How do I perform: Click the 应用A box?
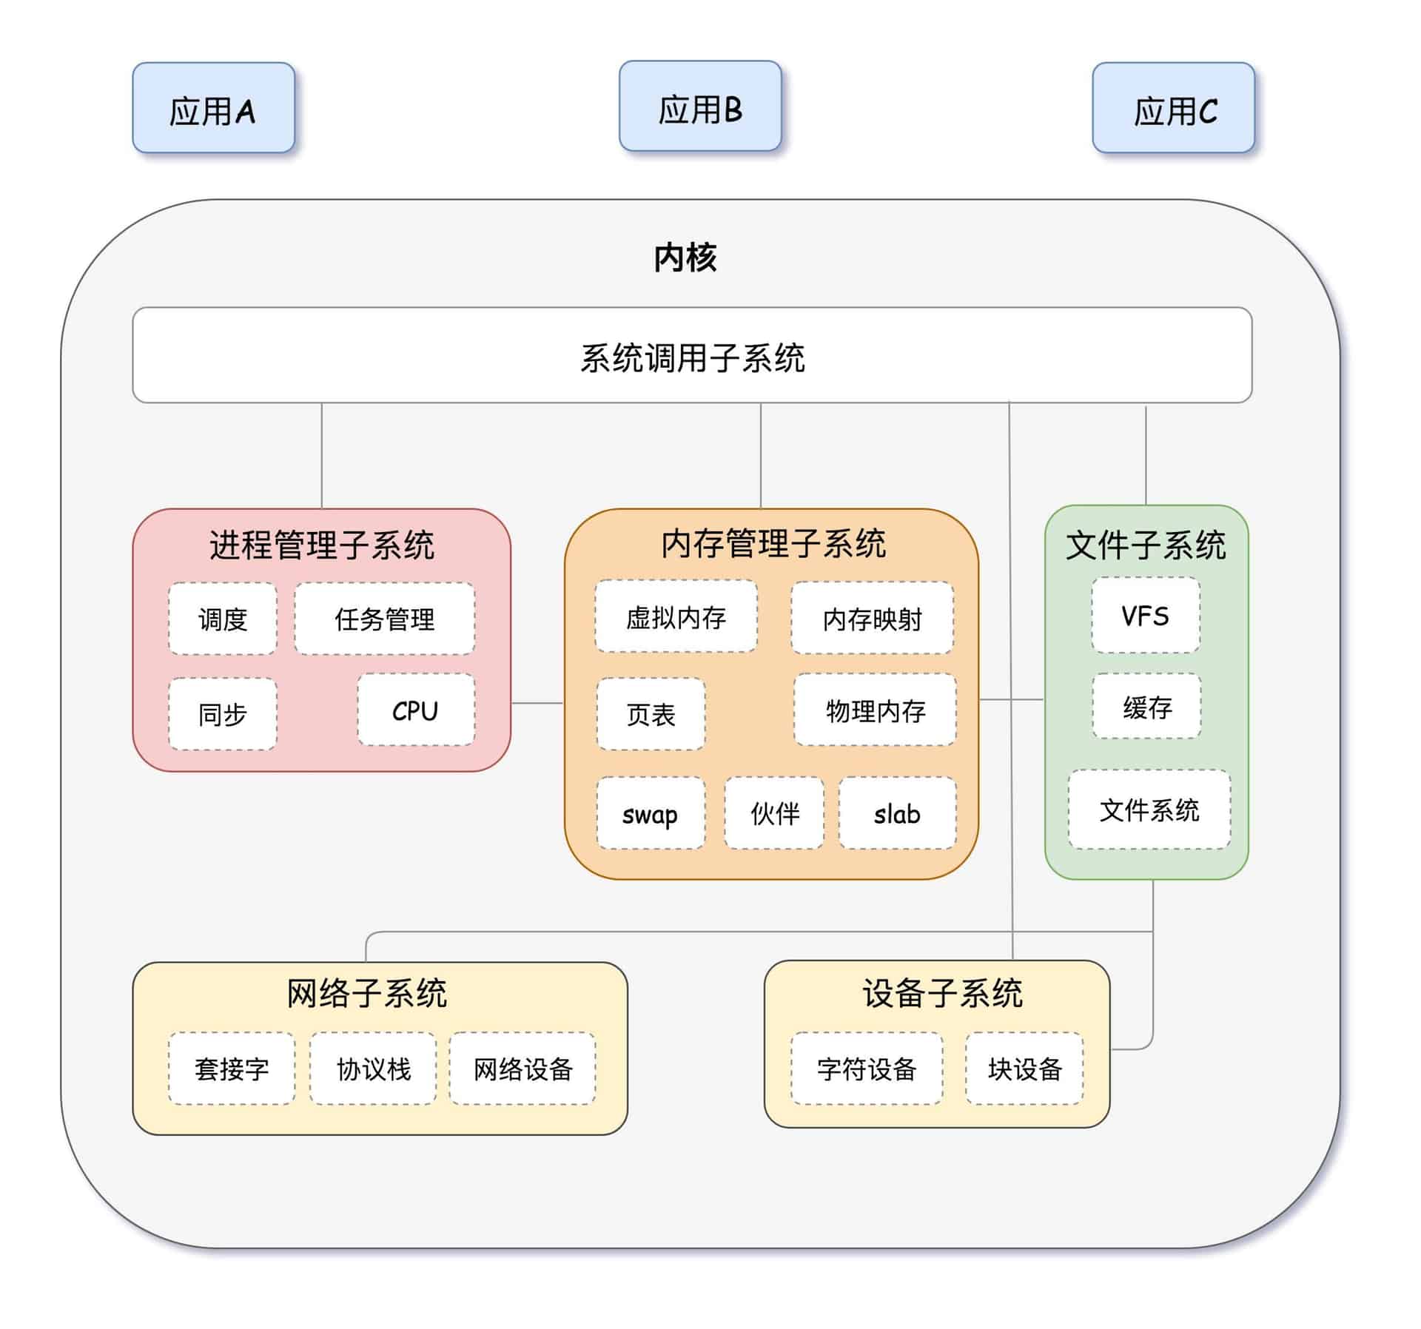[213, 108]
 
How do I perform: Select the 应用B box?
[699, 107]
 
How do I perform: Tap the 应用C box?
[1173, 108]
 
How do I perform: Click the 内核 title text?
[685, 258]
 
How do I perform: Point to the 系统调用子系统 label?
[692, 357]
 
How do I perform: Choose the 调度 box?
[222, 619]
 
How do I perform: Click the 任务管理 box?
[384, 619]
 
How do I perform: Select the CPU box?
[415, 710]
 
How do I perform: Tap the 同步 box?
[222, 714]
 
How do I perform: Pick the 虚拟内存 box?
[676, 617]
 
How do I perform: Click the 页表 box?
[651, 714]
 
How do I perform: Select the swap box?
[651, 813]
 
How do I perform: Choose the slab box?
[897, 813]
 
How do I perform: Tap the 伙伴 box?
[774, 813]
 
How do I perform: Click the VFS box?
[1145, 616]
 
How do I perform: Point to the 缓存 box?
[1146, 707]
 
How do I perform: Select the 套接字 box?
[231, 1069]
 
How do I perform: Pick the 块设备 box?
[1024, 1069]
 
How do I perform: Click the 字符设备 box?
[867, 1069]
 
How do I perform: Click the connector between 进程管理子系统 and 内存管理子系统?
[537, 703]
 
